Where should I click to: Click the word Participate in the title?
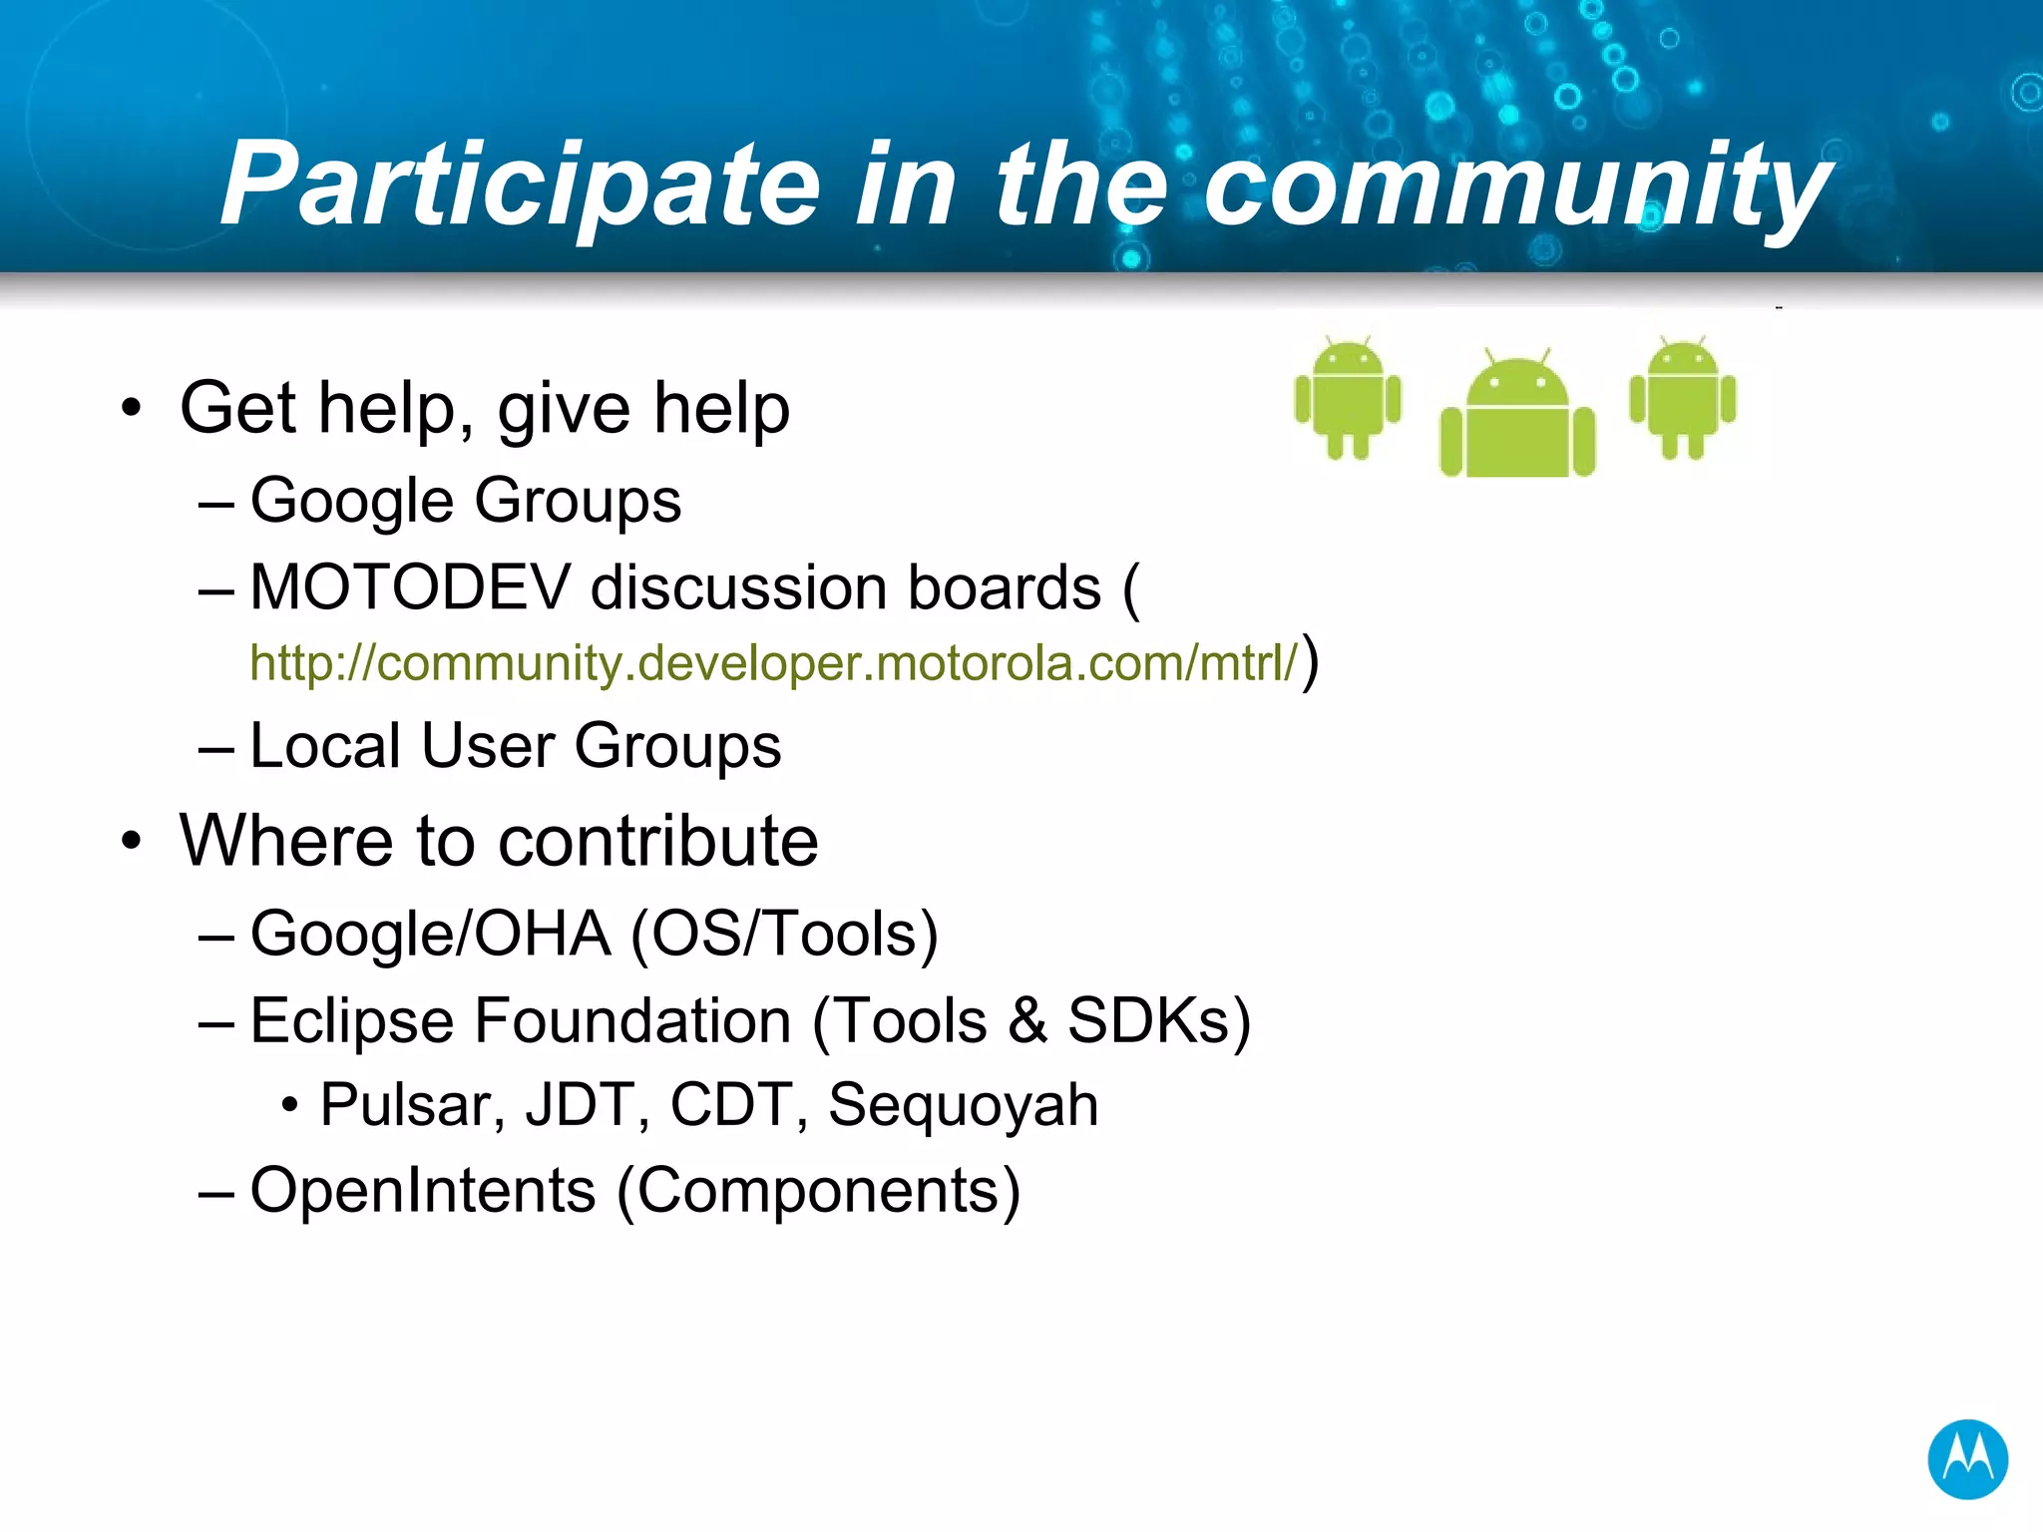coord(520,185)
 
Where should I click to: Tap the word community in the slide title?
coord(1516,185)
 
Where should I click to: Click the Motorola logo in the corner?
coord(1967,1459)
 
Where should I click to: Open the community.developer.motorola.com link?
coord(773,662)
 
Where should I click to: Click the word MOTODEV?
coord(410,586)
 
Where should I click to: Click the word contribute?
coord(657,841)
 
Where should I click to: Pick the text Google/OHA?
coord(430,934)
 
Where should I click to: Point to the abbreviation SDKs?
coord(1147,1020)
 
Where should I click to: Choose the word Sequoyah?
coord(963,1105)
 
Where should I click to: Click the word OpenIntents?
coord(423,1190)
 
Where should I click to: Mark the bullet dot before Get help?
coord(131,409)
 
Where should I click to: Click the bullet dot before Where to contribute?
coord(131,841)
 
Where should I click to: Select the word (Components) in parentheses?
coord(818,1190)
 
